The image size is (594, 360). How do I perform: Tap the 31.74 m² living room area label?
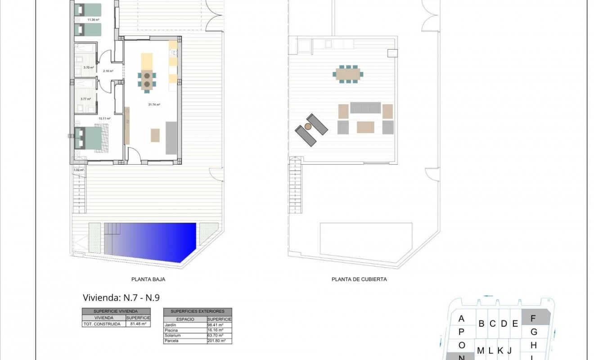154,104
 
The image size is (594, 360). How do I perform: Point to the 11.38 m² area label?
93,20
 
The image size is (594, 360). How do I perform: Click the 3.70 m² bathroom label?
88,67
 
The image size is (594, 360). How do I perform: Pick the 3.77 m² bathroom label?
85,99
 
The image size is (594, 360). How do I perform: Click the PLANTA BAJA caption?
148,279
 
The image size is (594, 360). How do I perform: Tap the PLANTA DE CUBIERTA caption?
359,279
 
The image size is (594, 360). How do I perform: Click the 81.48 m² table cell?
138,324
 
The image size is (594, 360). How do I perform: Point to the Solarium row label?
173,335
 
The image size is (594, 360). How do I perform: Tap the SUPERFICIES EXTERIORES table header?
198,311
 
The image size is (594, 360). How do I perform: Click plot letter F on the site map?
534,319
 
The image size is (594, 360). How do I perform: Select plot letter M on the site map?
481,351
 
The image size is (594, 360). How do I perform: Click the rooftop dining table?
348,73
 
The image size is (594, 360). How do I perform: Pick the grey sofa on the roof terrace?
365,108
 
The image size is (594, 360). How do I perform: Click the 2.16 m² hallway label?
108,71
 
